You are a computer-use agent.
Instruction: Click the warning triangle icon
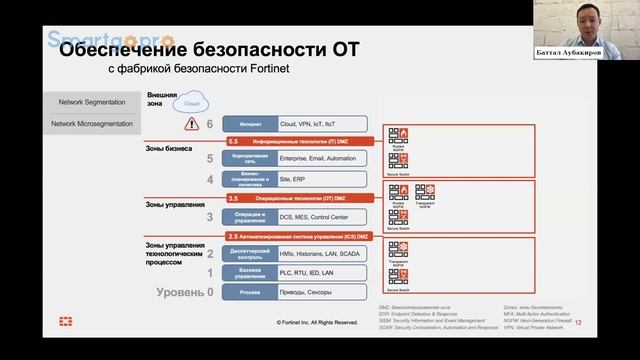click(191, 125)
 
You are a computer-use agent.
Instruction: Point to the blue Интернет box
click(251, 125)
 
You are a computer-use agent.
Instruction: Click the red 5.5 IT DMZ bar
click(300, 142)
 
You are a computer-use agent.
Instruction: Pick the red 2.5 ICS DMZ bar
click(300, 236)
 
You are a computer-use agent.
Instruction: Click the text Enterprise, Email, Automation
click(320, 158)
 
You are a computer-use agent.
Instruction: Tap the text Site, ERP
click(295, 179)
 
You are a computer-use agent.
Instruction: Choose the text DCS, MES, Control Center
click(316, 216)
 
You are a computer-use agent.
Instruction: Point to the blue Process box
click(251, 291)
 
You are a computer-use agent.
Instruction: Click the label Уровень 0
click(186, 291)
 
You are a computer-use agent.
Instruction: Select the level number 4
click(210, 179)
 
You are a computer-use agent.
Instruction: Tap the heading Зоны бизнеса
click(171, 147)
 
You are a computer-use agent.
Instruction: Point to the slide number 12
click(577, 322)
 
